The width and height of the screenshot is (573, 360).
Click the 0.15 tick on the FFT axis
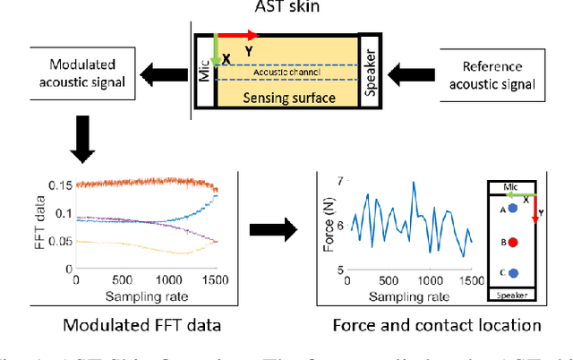click(58, 185)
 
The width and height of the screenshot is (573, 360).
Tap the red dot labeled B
click(513, 242)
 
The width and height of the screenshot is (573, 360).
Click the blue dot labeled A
click(513, 209)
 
